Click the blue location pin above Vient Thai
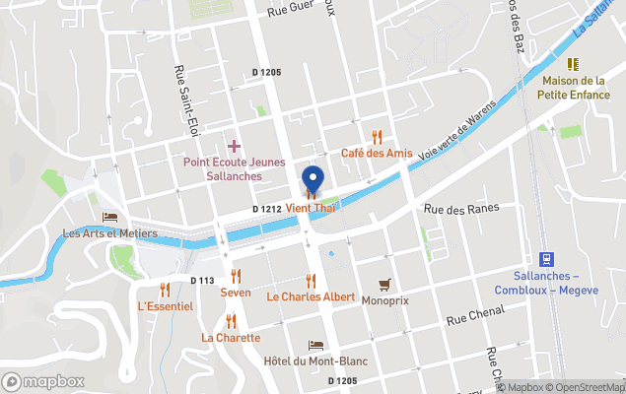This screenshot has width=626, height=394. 313,179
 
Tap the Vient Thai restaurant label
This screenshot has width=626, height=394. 312,209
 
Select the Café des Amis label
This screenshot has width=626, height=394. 376,153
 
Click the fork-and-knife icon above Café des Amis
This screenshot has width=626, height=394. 376,137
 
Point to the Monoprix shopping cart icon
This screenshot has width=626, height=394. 384,284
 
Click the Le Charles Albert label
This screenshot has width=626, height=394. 311,296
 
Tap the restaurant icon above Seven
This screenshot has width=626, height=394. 235,277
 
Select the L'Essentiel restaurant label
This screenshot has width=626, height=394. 165,306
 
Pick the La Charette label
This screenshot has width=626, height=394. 231,337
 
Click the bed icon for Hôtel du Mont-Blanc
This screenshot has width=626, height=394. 315,346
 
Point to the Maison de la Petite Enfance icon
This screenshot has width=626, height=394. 572,64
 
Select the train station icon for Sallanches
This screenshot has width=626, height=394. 548,258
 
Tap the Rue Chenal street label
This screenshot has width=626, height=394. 475,314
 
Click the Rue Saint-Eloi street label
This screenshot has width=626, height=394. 182,99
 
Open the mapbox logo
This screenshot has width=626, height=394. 43,381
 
